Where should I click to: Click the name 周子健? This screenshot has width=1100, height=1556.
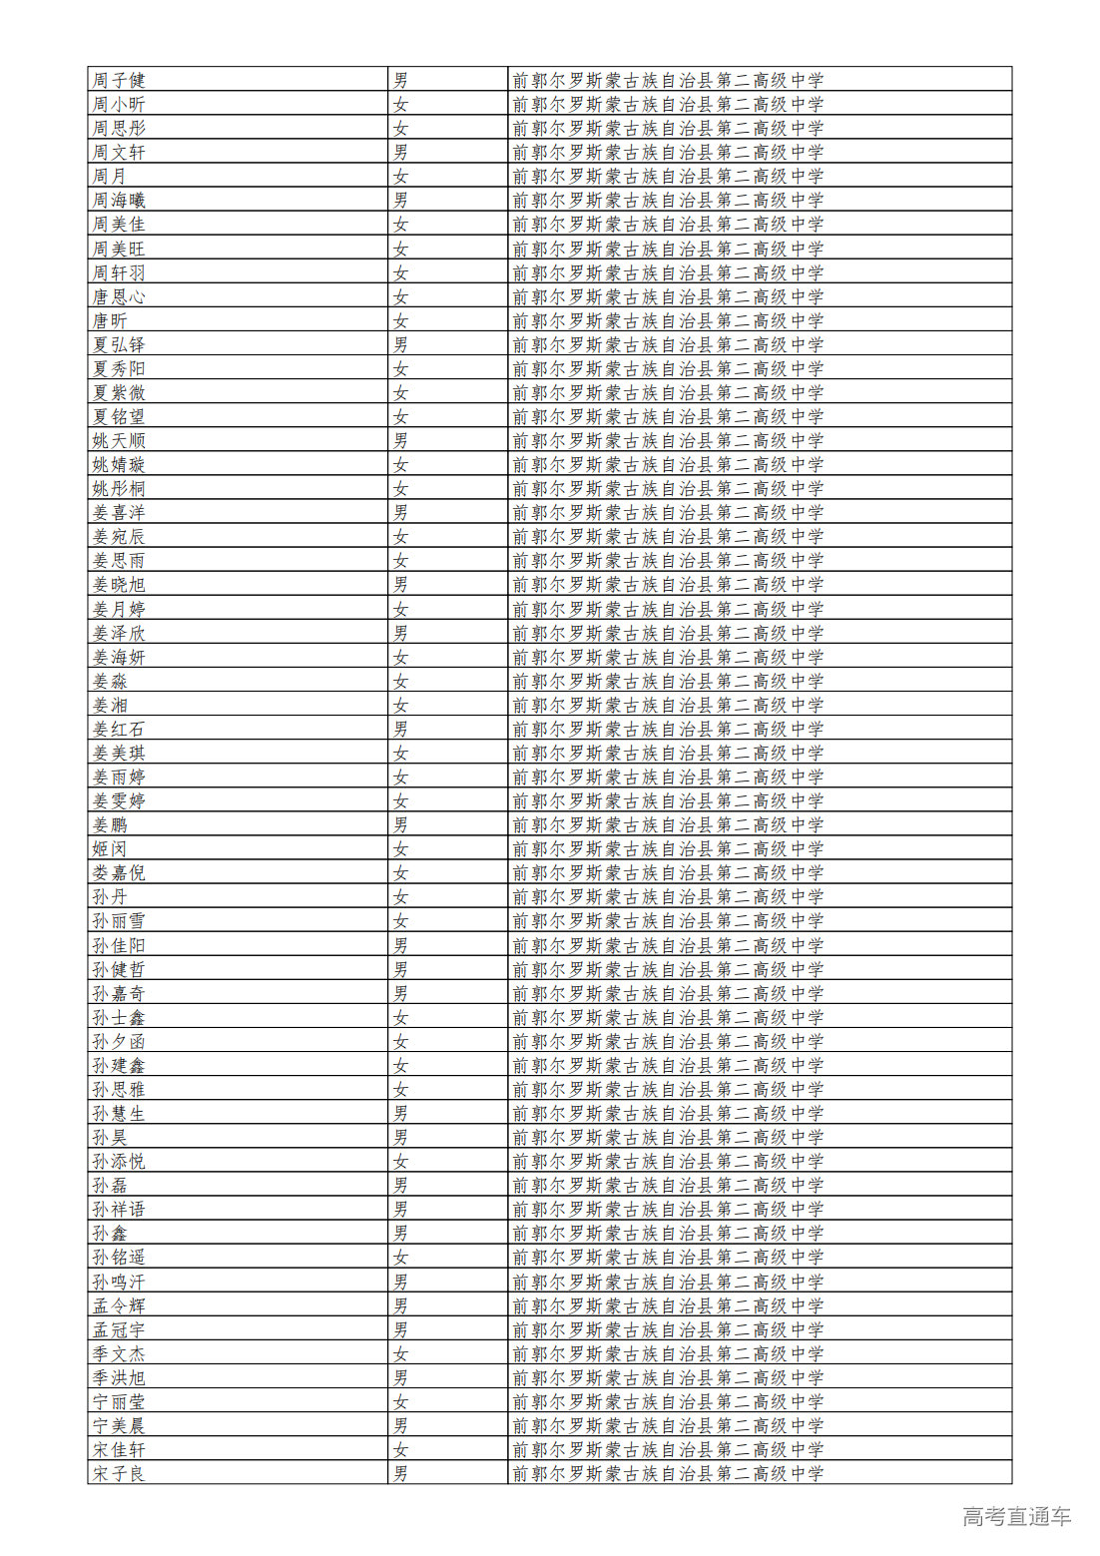tap(119, 80)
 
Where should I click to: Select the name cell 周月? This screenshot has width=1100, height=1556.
tap(110, 176)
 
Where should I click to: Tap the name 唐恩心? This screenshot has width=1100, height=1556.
tap(119, 296)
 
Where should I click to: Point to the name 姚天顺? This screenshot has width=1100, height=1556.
tap(119, 440)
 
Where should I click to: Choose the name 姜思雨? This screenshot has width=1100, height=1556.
tap(119, 561)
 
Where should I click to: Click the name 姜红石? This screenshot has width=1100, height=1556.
tap(119, 729)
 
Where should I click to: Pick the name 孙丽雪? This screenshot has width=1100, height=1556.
tap(119, 920)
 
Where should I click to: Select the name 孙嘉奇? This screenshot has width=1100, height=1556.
tap(119, 993)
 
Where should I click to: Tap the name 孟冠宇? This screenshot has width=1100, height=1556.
tap(119, 1329)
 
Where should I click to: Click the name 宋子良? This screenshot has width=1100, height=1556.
tap(119, 1473)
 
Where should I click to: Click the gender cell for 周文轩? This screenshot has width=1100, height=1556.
tap(400, 152)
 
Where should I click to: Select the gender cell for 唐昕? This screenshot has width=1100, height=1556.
tap(400, 320)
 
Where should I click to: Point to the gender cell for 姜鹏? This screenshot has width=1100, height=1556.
tap(400, 824)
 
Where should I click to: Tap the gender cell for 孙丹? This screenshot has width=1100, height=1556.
tap(400, 896)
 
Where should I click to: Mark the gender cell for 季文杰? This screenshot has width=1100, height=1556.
tap(400, 1353)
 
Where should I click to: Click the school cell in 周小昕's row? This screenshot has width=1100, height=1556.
tap(668, 104)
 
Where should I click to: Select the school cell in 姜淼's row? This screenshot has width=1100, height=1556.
tap(668, 681)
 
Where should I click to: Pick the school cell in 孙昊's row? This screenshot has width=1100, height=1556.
tap(668, 1137)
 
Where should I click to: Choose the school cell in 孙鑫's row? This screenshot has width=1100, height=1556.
tap(668, 1233)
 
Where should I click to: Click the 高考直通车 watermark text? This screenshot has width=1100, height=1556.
tap(1016, 1516)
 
